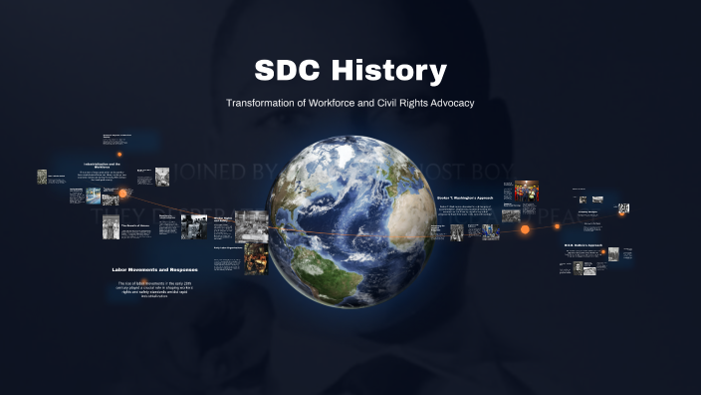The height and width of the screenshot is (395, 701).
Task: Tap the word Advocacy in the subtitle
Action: point(447,103)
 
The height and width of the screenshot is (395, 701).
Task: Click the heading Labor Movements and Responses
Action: point(155,269)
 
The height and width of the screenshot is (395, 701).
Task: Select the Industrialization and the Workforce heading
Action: point(102,165)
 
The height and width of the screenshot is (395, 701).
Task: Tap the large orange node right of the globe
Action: point(525,229)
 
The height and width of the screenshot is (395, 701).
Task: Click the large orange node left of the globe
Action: point(123,193)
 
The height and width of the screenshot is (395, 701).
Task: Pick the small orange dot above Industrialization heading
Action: point(120,154)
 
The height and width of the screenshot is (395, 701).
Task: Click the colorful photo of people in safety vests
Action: point(525,190)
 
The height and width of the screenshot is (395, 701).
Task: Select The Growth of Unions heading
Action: point(135,226)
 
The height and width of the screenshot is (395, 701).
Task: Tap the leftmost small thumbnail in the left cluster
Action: point(42,177)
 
